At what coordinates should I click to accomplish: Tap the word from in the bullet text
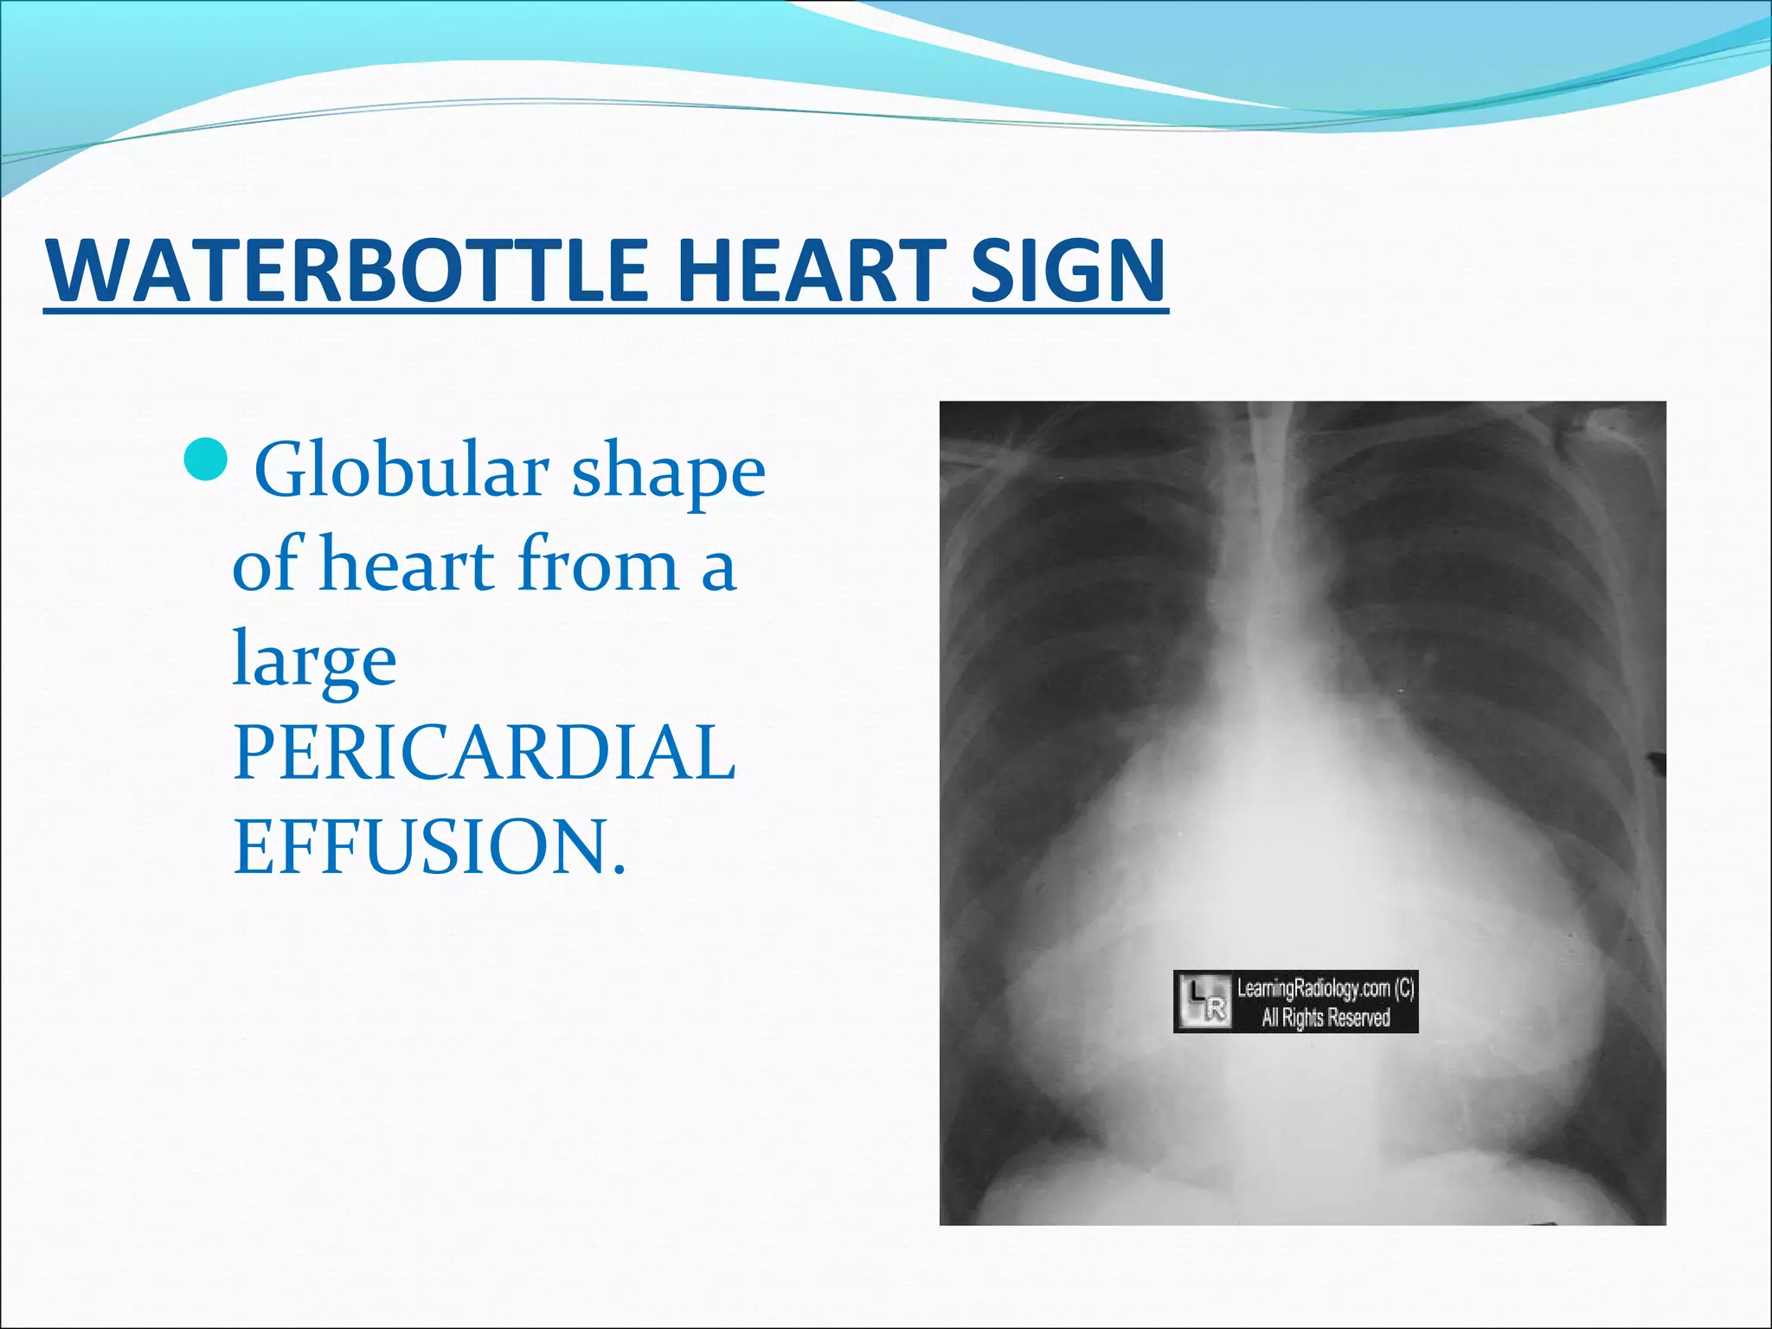click(x=598, y=565)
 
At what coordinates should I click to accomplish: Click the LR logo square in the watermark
click(x=1204, y=1001)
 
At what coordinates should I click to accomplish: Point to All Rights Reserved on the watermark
click(x=1326, y=1018)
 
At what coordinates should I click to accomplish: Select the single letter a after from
click(x=718, y=571)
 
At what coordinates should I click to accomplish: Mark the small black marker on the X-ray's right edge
click(x=1656, y=762)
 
